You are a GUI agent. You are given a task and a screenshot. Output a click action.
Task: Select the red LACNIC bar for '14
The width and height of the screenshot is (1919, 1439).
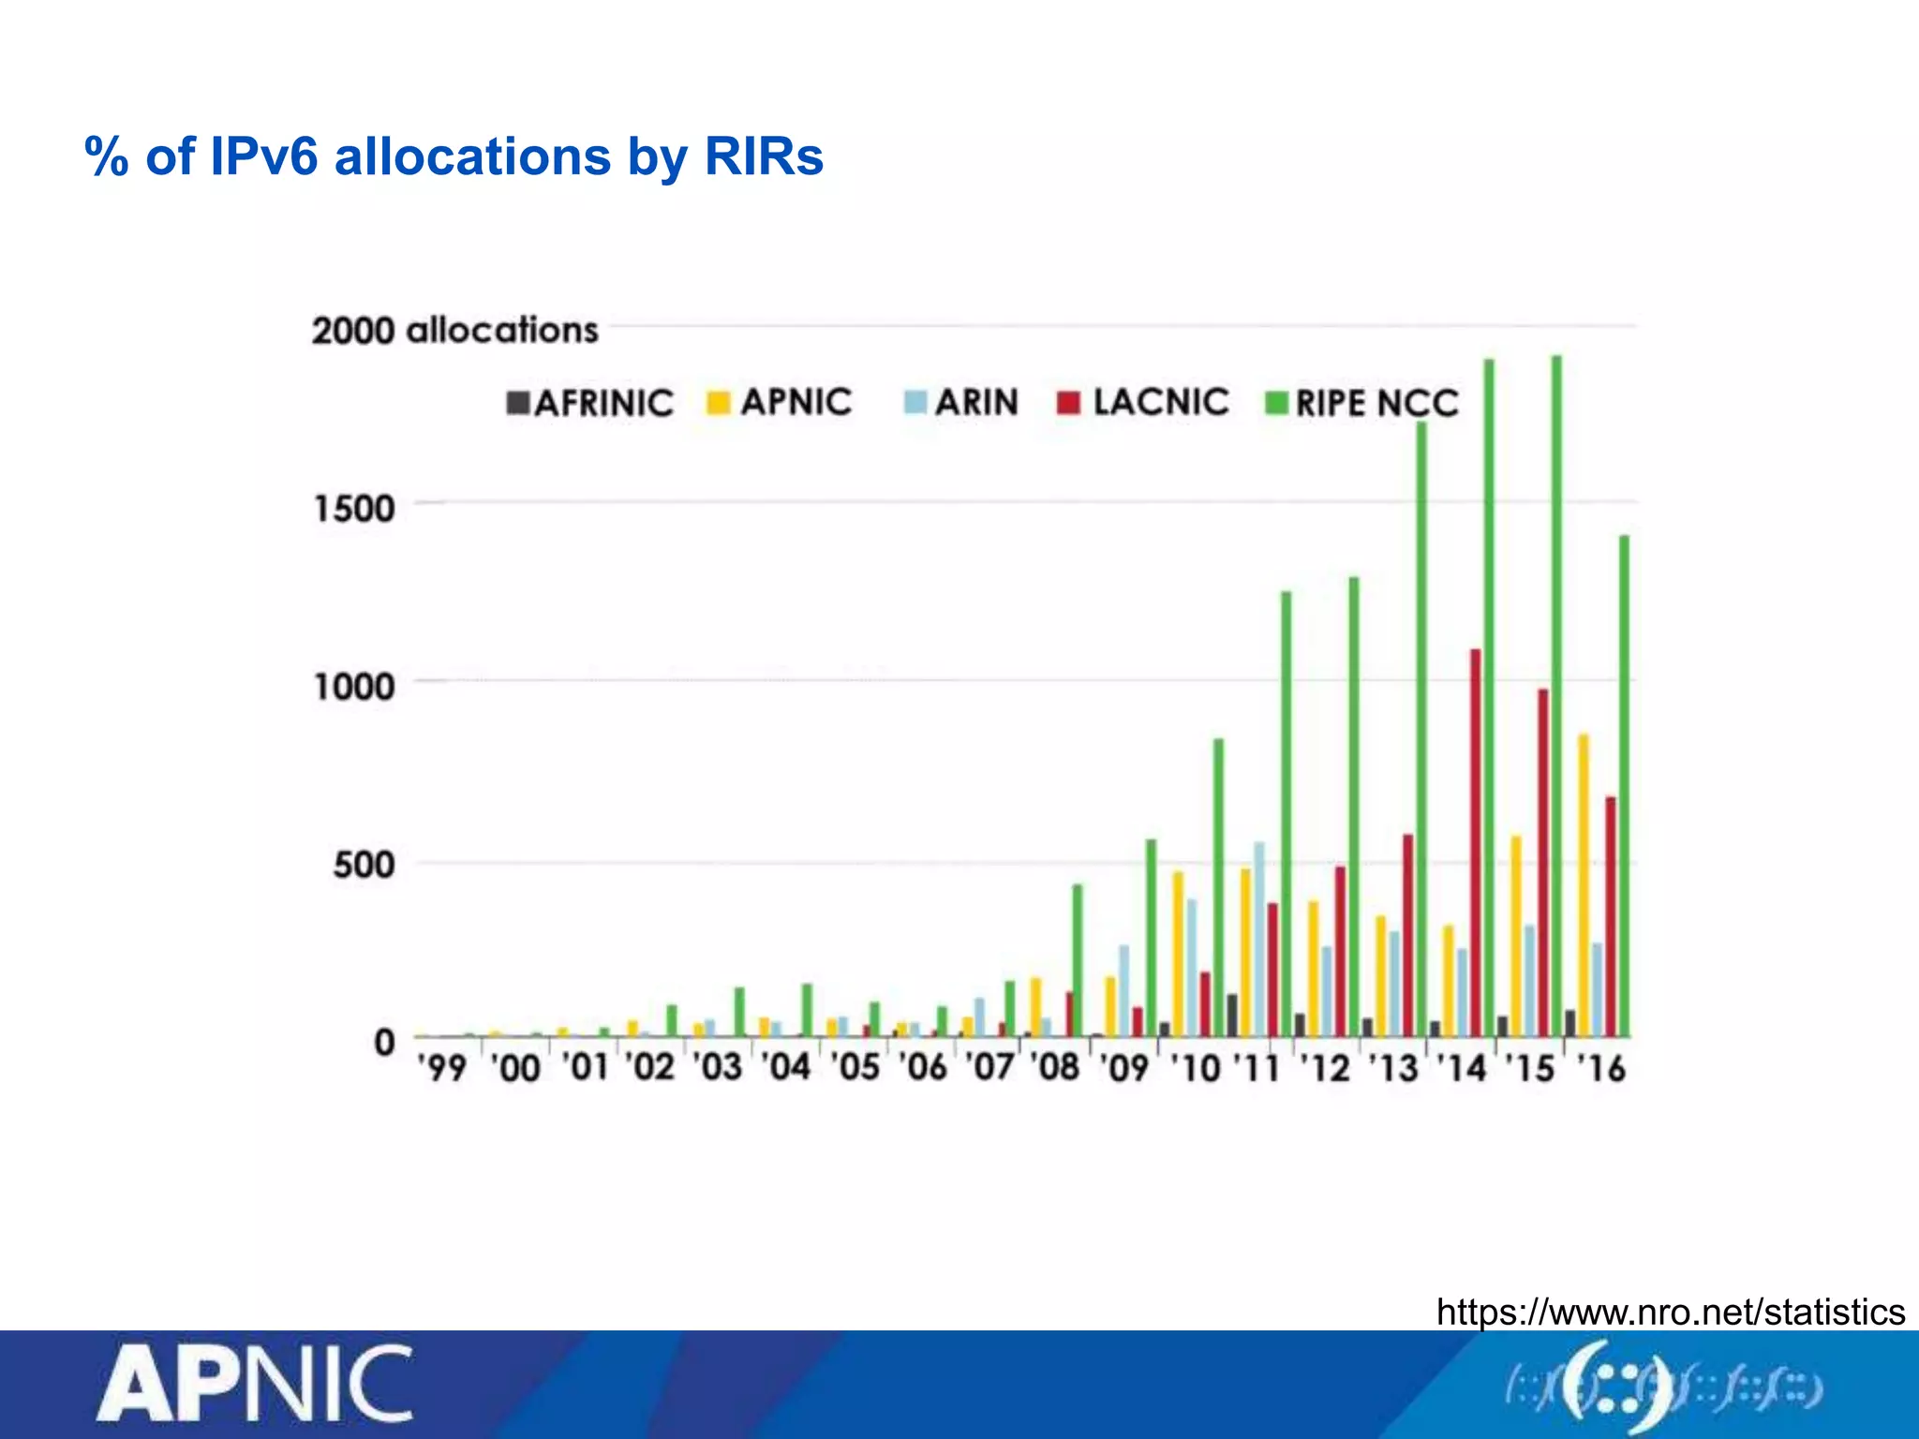[1475, 842]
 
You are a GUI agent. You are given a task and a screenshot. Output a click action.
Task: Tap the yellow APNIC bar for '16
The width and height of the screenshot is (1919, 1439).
[1584, 885]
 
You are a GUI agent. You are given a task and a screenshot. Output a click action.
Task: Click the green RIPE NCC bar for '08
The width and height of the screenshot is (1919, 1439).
[1078, 960]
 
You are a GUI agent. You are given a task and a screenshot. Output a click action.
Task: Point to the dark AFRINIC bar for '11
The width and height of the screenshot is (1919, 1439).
[1232, 1016]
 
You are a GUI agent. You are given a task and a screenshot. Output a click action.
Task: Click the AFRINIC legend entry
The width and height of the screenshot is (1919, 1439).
[589, 404]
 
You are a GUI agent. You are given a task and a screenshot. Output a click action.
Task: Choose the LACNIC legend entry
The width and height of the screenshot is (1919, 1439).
[1143, 403]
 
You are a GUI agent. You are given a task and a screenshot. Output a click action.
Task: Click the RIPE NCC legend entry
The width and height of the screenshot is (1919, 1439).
[1362, 404]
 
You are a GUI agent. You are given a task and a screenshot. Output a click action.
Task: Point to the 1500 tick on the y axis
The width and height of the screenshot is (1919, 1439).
[354, 509]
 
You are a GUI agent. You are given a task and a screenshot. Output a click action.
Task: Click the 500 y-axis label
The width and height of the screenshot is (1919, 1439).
[364, 864]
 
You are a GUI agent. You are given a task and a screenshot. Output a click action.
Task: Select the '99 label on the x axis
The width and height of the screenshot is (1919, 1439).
[442, 1068]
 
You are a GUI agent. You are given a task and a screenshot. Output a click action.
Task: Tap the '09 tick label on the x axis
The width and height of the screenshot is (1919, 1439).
[1123, 1068]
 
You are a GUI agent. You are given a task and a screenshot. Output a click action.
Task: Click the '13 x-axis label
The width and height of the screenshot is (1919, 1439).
[1394, 1068]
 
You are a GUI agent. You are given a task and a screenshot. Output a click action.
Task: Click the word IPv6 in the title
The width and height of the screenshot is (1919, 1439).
[264, 156]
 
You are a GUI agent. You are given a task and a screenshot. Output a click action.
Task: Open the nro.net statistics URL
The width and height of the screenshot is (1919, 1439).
[1670, 1312]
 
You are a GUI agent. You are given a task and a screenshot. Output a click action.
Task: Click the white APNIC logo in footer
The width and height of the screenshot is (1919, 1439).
[254, 1385]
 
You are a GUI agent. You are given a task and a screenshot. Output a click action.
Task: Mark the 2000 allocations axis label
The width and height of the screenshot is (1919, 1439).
[454, 331]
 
